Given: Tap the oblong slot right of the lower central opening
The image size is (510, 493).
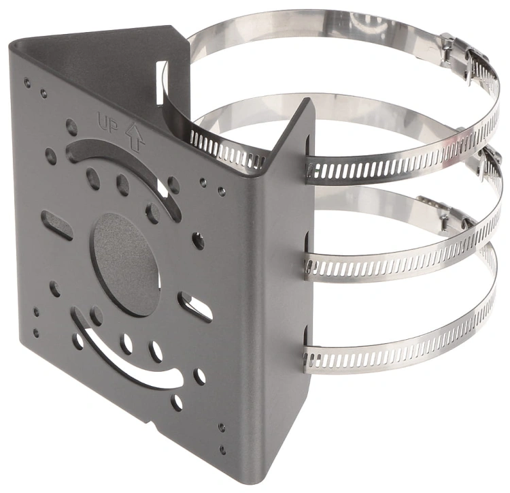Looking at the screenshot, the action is click(195, 306).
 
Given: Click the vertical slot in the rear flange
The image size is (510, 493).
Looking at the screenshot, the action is click(161, 82).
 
